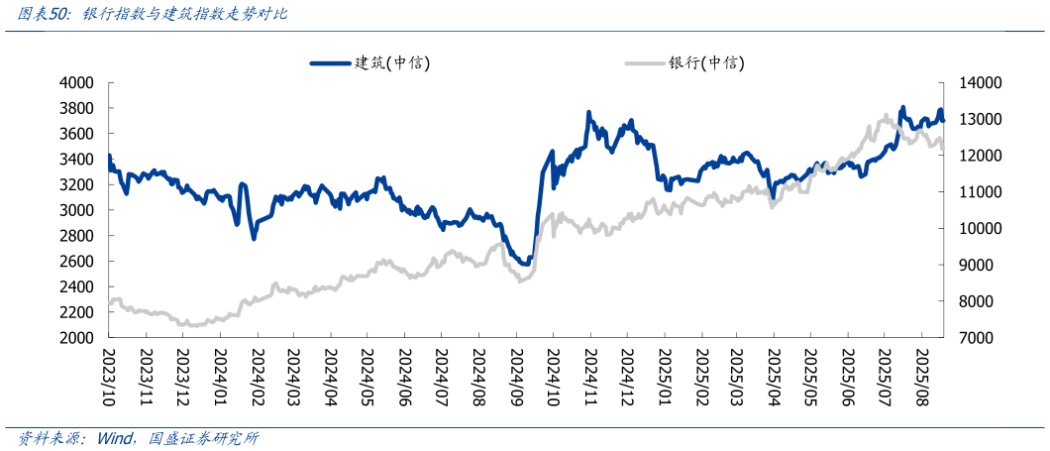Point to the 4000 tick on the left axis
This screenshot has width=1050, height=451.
click(77, 83)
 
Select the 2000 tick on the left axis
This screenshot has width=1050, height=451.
click(77, 338)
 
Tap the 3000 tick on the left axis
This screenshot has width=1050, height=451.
click(77, 210)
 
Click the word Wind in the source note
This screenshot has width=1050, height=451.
click(118, 438)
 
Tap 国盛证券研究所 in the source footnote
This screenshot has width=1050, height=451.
click(204, 438)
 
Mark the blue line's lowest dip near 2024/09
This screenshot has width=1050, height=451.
click(524, 264)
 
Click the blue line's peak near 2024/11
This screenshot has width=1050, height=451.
click(588, 114)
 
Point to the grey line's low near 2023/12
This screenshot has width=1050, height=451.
click(188, 325)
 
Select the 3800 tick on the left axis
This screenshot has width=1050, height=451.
click(77, 108)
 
